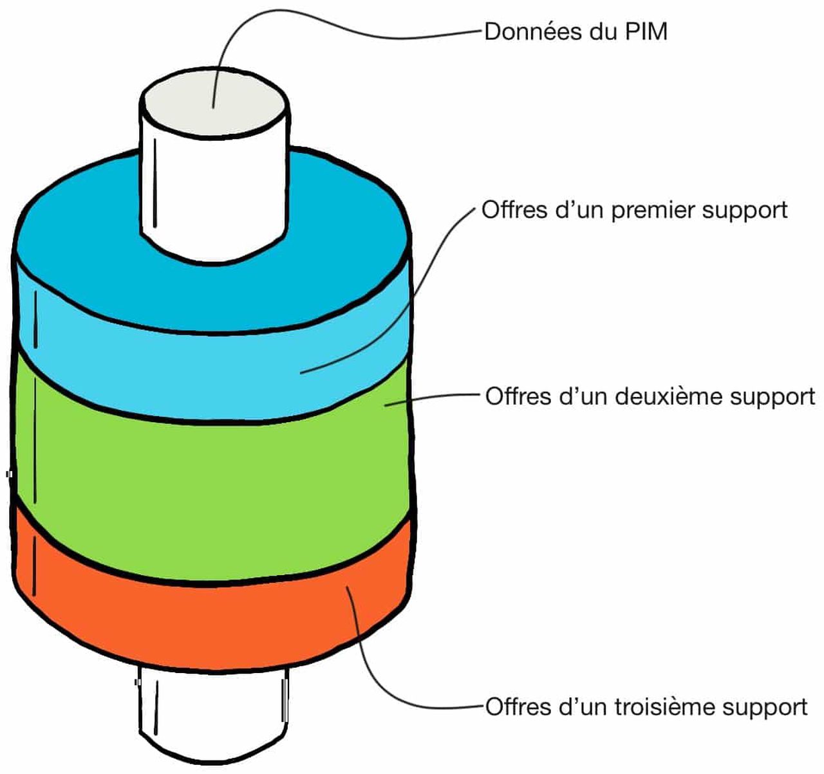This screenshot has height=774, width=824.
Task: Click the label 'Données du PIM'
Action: (x=575, y=32)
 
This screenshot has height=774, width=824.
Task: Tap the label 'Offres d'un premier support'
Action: (x=634, y=210)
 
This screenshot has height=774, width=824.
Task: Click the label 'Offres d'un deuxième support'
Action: (x=650, y=396)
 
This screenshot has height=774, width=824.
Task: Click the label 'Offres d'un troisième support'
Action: (x=646, y=706)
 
